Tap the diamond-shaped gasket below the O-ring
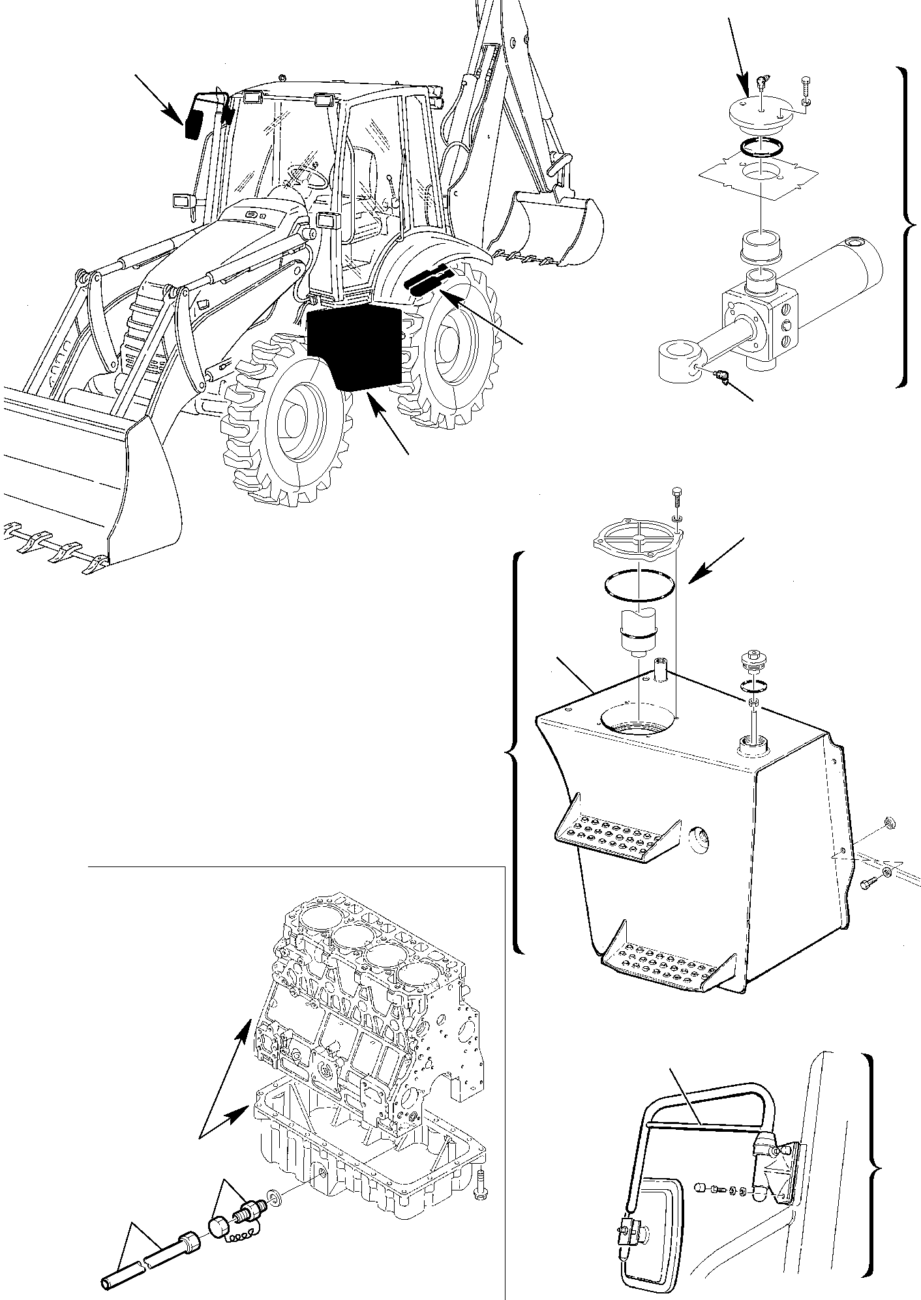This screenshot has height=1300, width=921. pos(759,173)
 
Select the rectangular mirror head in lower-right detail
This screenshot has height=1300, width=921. pos(649,1216)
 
